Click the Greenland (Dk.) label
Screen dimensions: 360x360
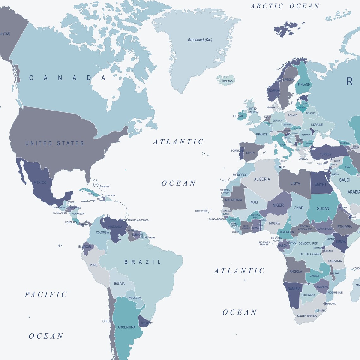tap(200, 40)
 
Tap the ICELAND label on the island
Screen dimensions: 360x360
tap(227, 81)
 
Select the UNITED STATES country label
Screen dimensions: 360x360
tap(55, 143)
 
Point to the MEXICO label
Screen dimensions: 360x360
tap(40, 183)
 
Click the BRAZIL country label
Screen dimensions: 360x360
tap(143, 262)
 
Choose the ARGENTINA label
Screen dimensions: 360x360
tap(126, 327)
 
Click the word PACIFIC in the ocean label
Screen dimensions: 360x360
tap(46, 295)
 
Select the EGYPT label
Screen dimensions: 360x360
tap(320, 184)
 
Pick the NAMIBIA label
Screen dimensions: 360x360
tap(294, 289)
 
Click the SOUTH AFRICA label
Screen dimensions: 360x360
tap(307, 316)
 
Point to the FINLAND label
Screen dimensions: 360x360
tap(304, 84)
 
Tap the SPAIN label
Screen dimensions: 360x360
tap(250, 153)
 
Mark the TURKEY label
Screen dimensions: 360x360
tap(325, 154)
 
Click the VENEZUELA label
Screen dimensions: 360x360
tap(115, 227)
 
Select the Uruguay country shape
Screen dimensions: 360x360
tap(145, 321)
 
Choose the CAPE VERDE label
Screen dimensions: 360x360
tap(201, 211)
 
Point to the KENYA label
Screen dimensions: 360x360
tap(341, 242)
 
